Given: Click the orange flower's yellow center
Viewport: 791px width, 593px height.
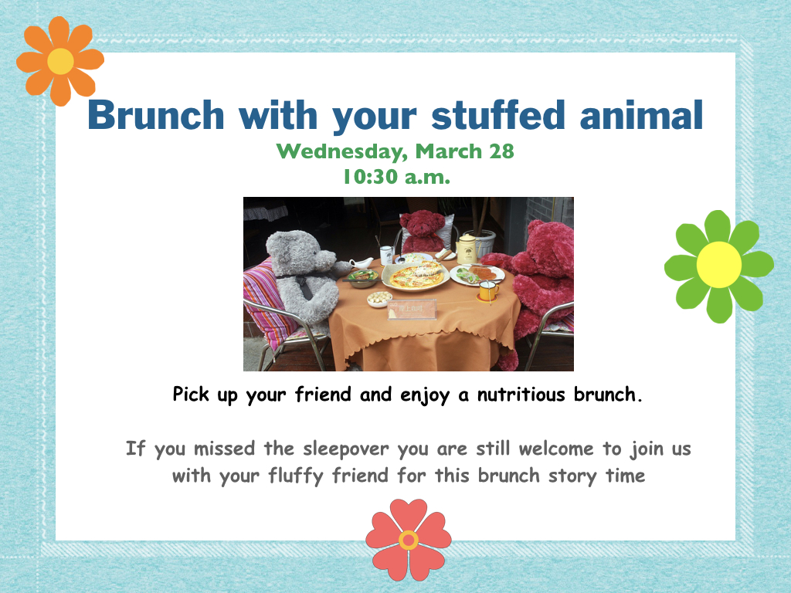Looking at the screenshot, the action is click(x=60, y=61).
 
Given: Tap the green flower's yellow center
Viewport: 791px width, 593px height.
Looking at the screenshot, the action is click(x=719, y=265).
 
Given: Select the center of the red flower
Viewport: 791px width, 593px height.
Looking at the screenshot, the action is click(x=408, y=540).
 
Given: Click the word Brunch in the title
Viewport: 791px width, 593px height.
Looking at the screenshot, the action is click(x=156, y=115).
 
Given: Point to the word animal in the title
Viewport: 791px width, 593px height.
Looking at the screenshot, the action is click(x=641, y=115).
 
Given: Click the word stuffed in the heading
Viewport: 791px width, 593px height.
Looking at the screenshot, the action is click(x=498, y=115).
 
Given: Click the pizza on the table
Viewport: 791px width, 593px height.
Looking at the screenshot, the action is click(x=416, y=276).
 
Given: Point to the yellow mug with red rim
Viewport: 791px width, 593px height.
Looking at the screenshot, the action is click(x=488, y=291).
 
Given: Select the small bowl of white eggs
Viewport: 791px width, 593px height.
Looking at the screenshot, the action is click(x=379, y=299).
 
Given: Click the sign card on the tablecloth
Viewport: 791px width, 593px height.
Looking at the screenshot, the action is click(x=412, y=310).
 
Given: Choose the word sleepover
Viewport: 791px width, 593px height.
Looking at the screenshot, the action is click(x=346, y=449).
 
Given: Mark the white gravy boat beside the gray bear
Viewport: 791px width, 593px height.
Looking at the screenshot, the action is click(x=362, y=263).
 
